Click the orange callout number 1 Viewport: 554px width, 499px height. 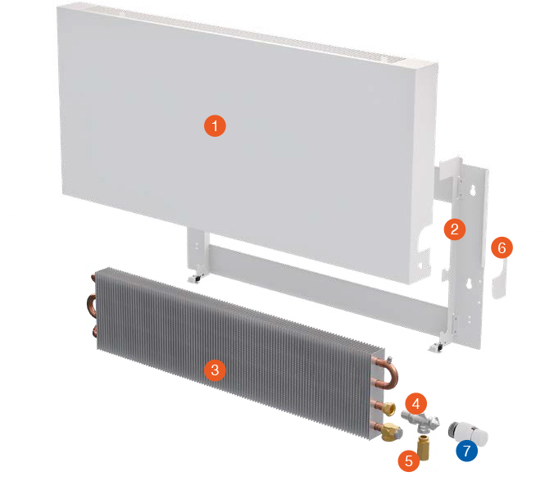pyautogui.click(x=215, y=126)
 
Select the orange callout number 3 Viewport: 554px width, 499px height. pyautogui.click(x=215, y=370)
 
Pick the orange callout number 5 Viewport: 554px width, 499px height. pyautogui.click(x=407, y=460)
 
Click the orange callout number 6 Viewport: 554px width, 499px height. pyautogui.click(x=502, y=247)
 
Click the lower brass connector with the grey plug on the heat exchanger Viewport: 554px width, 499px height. pyautogui.click(x=384, y=430)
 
